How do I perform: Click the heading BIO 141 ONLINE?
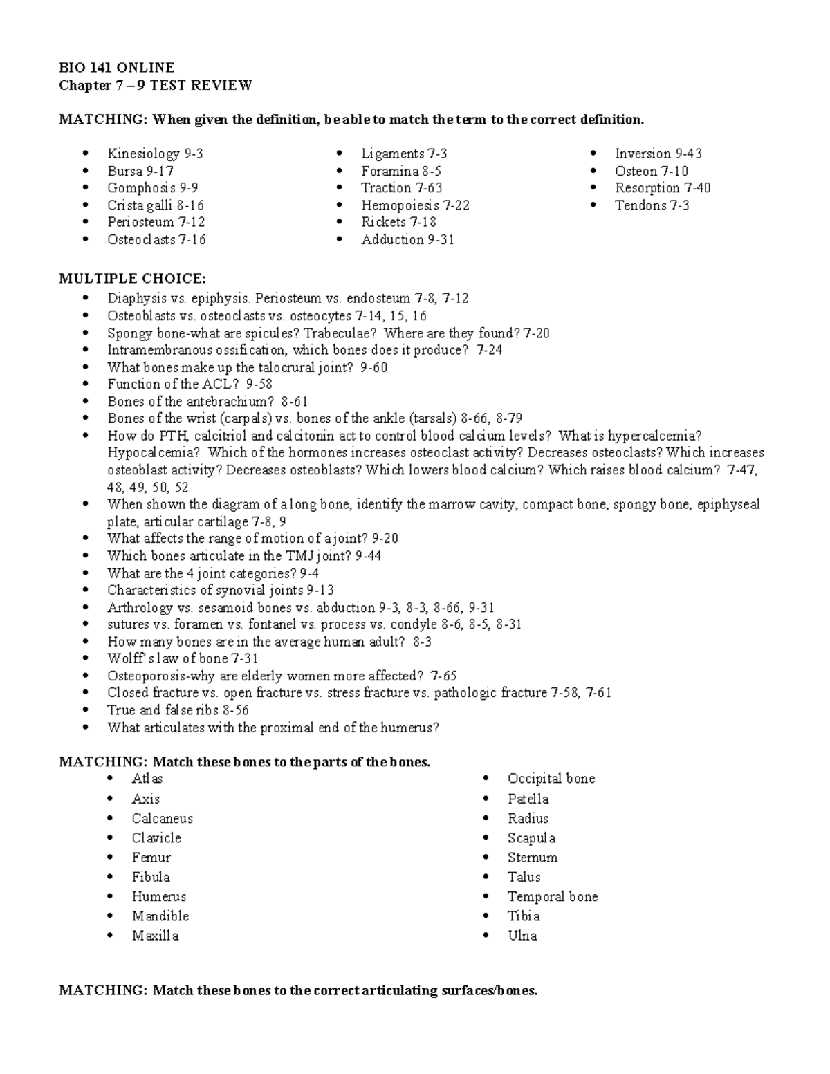[116, 67]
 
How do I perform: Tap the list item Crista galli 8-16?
[155, 205]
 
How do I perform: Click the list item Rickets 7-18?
[398, 222]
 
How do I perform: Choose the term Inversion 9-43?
[658, 154]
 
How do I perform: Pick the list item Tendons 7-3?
[652, 205]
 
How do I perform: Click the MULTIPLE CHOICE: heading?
[132, 279]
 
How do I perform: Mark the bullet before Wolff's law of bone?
[85, 659]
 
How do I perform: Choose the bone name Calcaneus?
[162, 818]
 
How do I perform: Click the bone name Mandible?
[160, 916]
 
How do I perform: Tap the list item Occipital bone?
[551, 779]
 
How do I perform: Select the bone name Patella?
[528, 799]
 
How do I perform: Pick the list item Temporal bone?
[552, 896]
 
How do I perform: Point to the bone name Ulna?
[522, 935]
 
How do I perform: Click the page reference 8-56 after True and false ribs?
[235, 710]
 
